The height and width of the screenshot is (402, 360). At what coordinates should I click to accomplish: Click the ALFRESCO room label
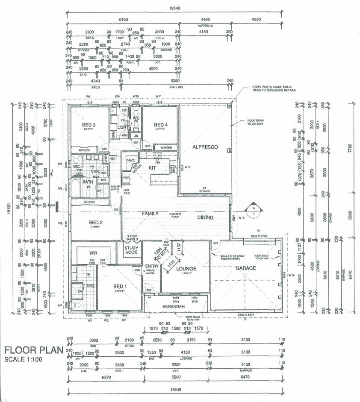[205, 147]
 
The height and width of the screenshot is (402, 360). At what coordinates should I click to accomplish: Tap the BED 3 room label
[90, 125]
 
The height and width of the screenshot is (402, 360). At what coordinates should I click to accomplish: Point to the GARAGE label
[245, 268]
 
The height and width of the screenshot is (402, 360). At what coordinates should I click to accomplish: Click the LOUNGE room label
[186, 269]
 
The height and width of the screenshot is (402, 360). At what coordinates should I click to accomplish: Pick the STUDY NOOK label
[130, 251]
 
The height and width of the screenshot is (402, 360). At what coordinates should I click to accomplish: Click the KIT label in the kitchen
[152, 168]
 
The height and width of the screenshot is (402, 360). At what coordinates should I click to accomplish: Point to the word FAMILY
[150, 214]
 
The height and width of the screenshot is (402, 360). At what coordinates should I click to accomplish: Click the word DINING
[206, 217]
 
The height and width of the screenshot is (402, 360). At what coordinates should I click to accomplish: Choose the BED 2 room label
[95, 223]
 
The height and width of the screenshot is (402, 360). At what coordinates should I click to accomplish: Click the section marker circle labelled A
[253, 209]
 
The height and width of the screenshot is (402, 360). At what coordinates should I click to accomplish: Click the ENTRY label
[151, 267]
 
